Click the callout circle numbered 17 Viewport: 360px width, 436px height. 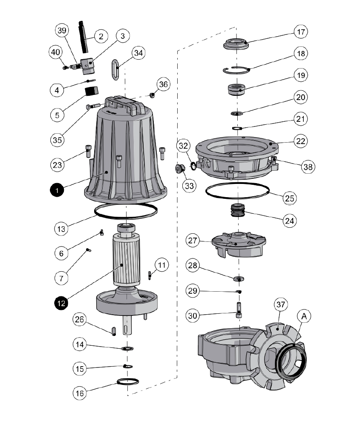pos(301,32)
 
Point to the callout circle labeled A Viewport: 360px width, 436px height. pos(304,316)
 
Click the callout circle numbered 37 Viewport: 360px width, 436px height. pos(280,305)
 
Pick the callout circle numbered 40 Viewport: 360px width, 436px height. pos(55,52)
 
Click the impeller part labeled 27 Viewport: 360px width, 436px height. pos(239,245)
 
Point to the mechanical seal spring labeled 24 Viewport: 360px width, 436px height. pos(239,210)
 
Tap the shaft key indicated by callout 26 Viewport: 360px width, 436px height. pos(114,330)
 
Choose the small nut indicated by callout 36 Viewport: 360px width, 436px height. pos(152,95)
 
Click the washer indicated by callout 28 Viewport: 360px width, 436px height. pos(239,279)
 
